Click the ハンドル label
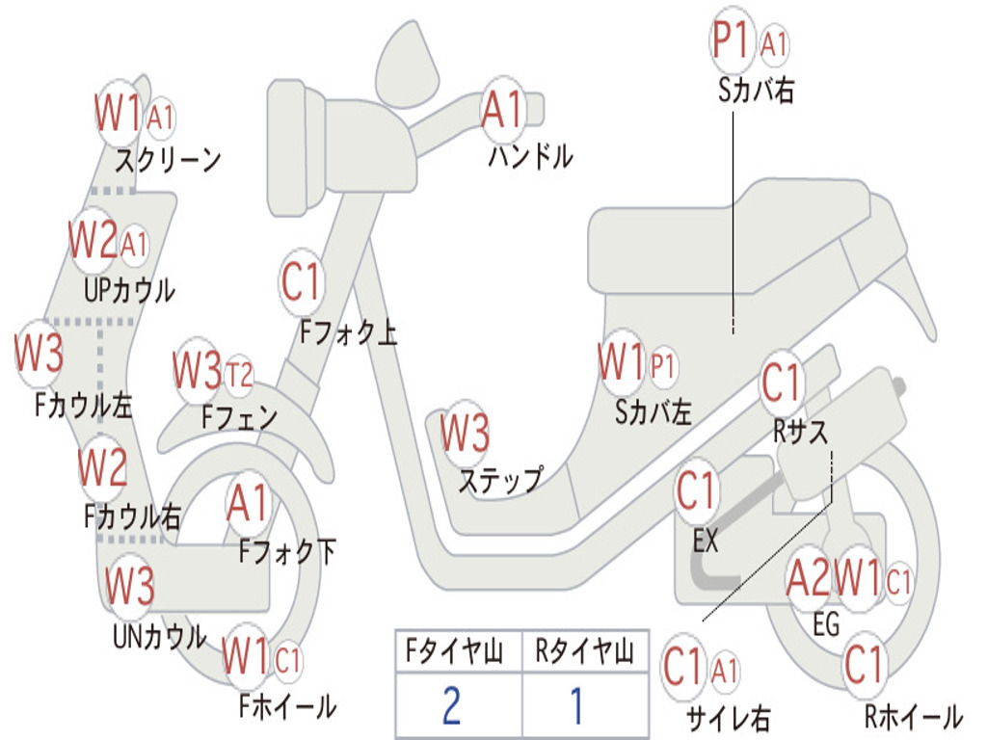pyautogui.click(x=530, y=156)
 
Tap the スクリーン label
pyautogui.click(x=168, y=161)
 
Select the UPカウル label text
pyautogui.click(x=129, y=290)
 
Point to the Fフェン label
pyautogui.click(x=239, y=416)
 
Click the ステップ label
pyautogui.click(x=501, y=480)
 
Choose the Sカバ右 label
pyautogui.click(x=756, y=91)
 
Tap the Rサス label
pyautogui.click(x=800, y=432)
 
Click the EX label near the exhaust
pyautogui.click(x=705, y=541)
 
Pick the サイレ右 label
pyautogui.click(x=728, y=717)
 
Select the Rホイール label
pyautogui.click(x=914, y=716)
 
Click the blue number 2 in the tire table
pyautogui.click(x=451, y=705)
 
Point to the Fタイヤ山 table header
pyautogui.click(x=454, y=651)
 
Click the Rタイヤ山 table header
pyautogui.click(x=584, y=651)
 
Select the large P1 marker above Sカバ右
pyautogui.click(x=733, y=40)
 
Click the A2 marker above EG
pyautogui.click(x=809, y=577)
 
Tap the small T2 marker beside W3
pyautogui.click(x=239, y=376)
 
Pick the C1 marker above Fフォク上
pyautogui.click(x=301, y=282)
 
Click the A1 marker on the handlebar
pyautogui.click(x=502, y=109)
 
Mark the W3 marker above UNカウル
pyautogui.click(x=129, y=585)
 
